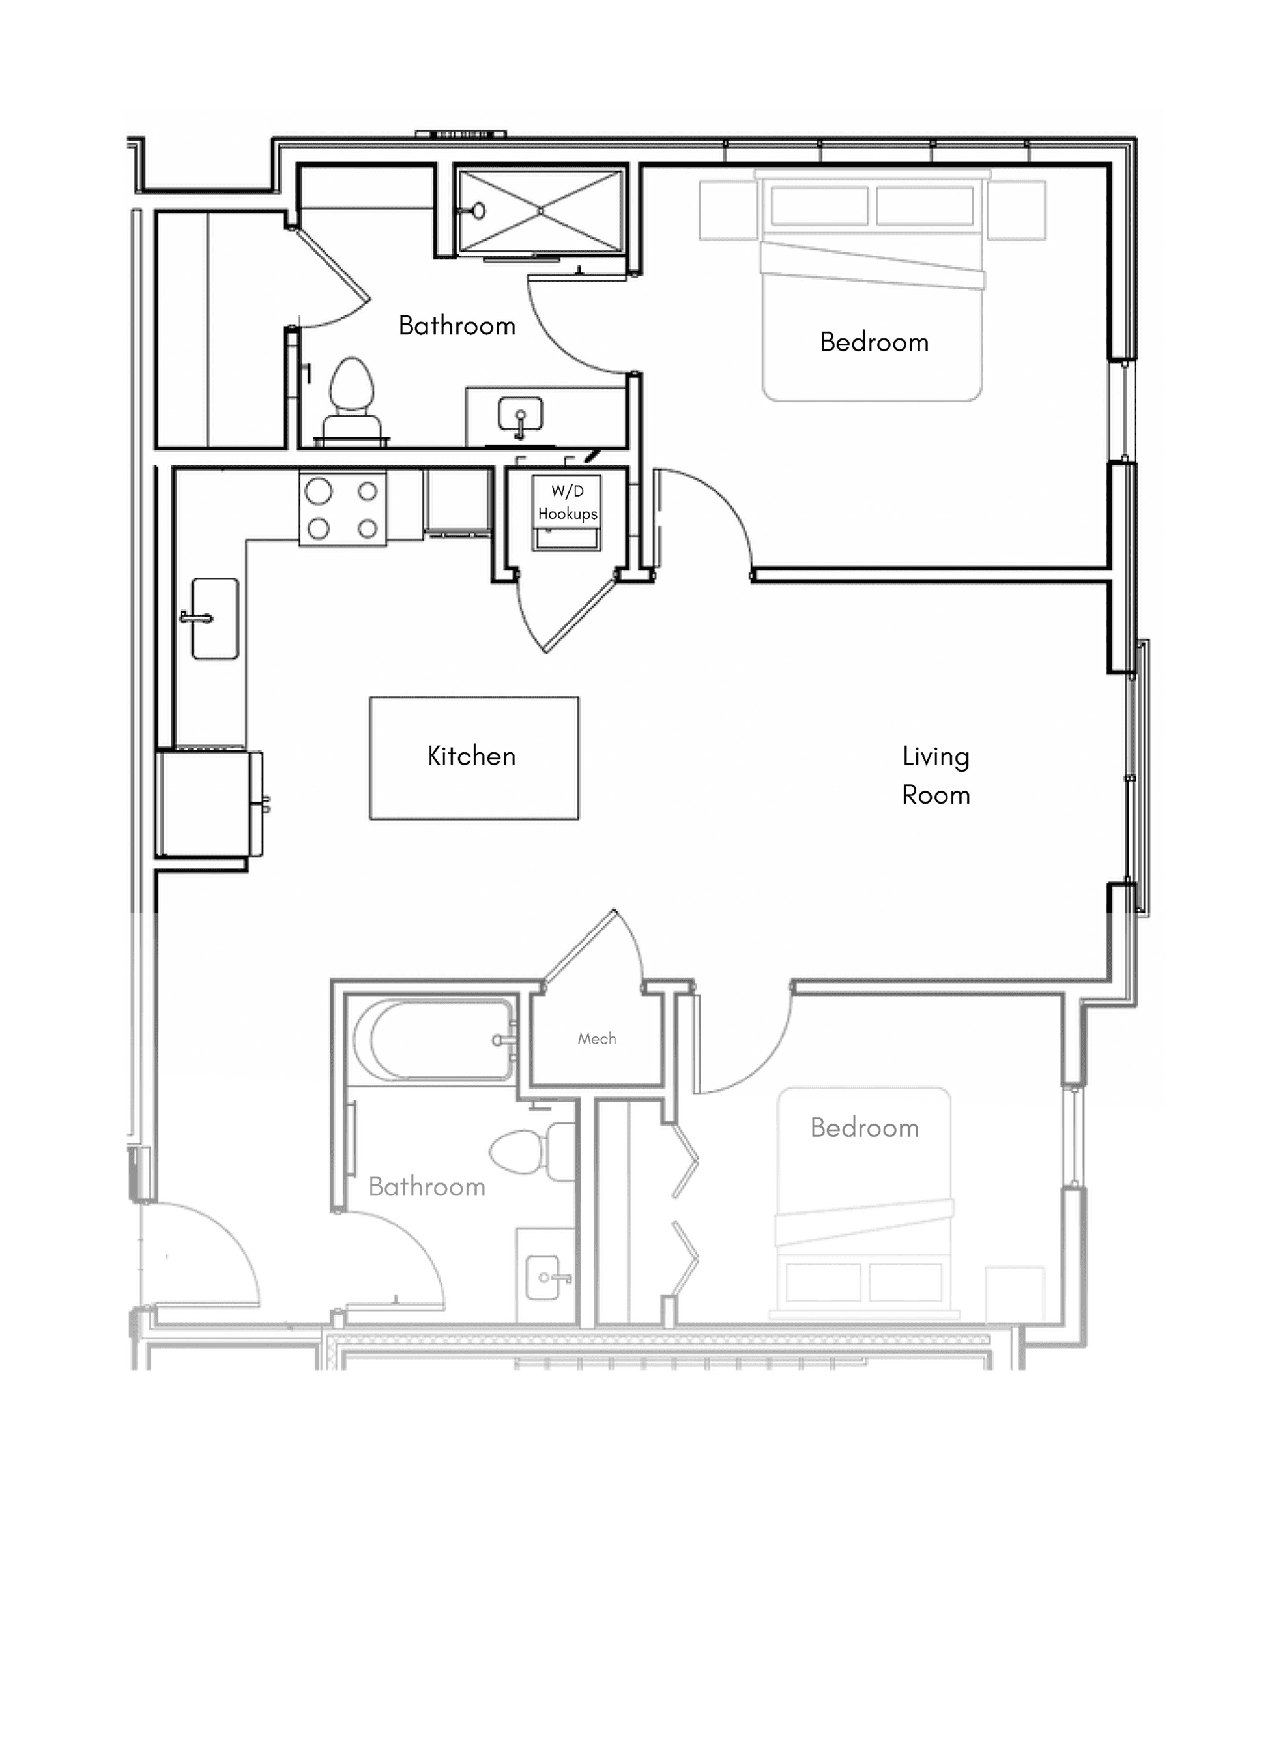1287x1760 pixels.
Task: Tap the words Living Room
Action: click(936, 775)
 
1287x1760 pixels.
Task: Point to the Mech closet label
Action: click(597, 1038)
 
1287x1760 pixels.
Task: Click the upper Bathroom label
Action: click(457, 326)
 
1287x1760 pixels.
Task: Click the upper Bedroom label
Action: click(874, 342)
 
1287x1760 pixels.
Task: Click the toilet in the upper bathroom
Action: click(351, 402)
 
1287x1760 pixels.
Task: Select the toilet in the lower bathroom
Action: click(533, 1152)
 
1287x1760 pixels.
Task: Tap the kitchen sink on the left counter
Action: click(215, 619)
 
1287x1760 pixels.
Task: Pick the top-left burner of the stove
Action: click(319, 491)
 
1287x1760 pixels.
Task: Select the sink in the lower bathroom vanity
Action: click(543, 1278)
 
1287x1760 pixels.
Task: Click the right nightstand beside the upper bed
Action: click(1017, 210)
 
